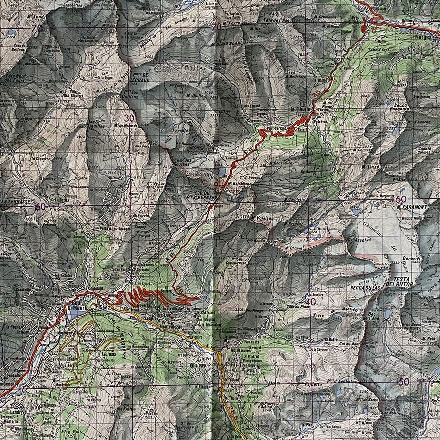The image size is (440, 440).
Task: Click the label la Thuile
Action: tap(299, 110)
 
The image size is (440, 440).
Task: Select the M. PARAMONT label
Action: tap(414, 207)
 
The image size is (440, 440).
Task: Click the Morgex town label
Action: tap(425, 36)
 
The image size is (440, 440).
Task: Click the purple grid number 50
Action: tap(403, 381)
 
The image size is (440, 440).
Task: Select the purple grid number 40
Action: tap(310, 302)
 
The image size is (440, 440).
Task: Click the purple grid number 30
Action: tap(129, 118)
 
